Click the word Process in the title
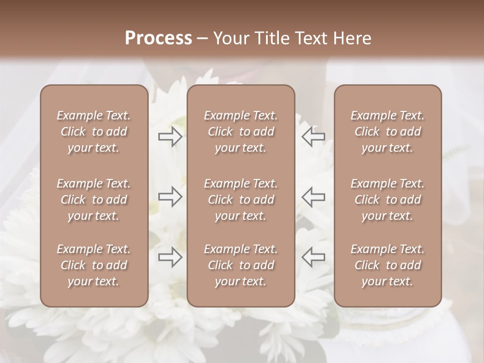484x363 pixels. (x=158, y=38)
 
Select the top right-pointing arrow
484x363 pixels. (x=170, y=137)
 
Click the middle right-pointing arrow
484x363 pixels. (x=170, y=197)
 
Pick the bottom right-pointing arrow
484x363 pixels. (x=170, y=257)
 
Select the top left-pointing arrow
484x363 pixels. (x=313, y=137)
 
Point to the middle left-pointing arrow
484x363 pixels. (x=313, y=197)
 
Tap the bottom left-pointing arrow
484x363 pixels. (x=313, y=257)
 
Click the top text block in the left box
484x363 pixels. (x=94, y=132)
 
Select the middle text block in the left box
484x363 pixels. (x=94, y=200)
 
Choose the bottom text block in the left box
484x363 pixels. (x=94, y=265)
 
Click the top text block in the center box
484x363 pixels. (x=240, y=132)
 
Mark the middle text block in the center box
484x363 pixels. (x=240, y=200)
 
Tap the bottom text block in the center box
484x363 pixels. (x=240, y=265)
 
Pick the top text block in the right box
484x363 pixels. (x=387, y=132)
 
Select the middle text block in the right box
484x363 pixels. (x=387, y=200)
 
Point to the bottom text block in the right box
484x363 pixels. (x=387, y=265)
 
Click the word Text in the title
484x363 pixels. (x=309, y=38)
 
